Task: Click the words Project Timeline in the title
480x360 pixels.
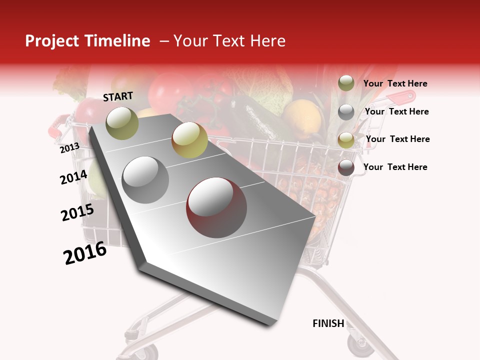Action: click(x=87, y=41)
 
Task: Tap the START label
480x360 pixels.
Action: click(x=118, y=96)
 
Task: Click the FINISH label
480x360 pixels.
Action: click(x=328, y=323)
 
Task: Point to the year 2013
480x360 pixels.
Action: click(x=69, y=148)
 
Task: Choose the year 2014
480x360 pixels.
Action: click(x=73, y=177)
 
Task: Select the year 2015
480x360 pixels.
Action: click(x=77, y=212)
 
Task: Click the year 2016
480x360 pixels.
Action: click(x=85, y=253)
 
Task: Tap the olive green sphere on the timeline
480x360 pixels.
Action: click(x=122, y=123)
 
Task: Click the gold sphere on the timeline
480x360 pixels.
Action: click(x=189, y=139)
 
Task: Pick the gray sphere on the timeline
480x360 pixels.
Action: click(x=145, y=179)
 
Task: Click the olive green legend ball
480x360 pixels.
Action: click(x=346, y=83)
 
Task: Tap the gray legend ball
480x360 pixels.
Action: click(x=346, y=112)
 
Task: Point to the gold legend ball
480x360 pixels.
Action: click(x=346, y=139)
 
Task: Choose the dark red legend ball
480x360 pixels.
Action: click(x=346, y=167)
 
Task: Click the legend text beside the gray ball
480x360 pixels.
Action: click(x=396, y=111)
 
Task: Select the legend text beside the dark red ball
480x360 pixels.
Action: click(x=395, y=167)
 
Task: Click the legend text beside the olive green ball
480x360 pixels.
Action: click(x=395, y=83)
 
